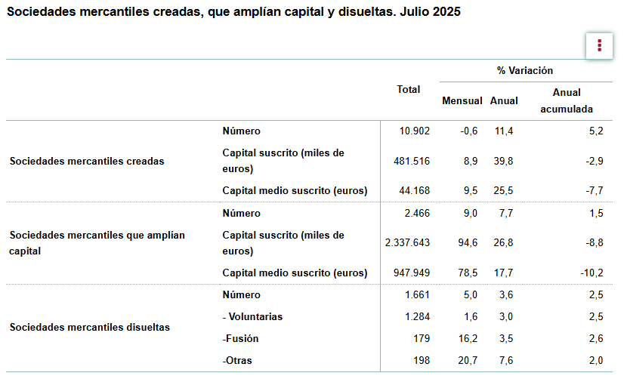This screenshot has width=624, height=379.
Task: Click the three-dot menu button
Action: tap(599, 45)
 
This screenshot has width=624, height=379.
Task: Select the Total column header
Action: tap(409, 89)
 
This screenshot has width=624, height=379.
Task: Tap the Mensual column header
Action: tap(462, 100)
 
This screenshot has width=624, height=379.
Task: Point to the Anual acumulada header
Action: tap(567, 100)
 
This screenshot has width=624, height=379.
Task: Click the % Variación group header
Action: tap(525, 70)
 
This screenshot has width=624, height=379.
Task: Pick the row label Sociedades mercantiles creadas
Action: tap(87, 161)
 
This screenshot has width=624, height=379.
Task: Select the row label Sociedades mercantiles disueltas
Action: tap(89, 327)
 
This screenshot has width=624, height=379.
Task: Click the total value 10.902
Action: tap(415, 131)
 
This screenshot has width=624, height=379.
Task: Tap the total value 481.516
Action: tap(412, 161)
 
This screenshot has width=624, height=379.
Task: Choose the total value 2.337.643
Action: tap(407, 242)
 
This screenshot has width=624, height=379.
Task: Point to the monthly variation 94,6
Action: tap(469, 242)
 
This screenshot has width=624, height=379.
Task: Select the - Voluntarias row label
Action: tap(252, 316)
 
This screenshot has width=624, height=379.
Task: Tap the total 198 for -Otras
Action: tap(421, 360)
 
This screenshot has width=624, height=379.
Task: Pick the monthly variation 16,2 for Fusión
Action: tap(469, 338)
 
